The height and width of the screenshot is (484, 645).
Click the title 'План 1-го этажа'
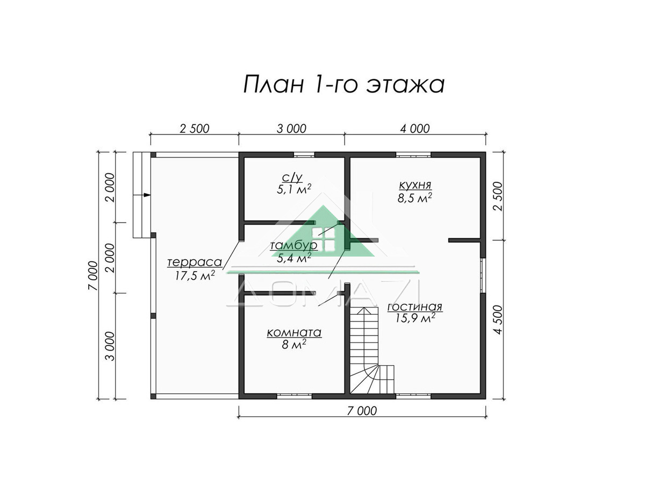coord(343,85)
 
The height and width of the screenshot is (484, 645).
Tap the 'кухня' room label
coord(415,185)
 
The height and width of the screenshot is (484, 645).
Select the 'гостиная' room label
coord(414,307)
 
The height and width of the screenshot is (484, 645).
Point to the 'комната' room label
coord(294,333)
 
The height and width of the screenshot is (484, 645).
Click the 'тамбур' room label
coord(294,246)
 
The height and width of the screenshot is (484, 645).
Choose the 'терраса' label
coord(195,262)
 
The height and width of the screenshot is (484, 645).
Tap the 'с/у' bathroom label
coord(292,177)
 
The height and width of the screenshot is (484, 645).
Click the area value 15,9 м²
coord(415,318)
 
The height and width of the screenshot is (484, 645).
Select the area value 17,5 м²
coord(195,276)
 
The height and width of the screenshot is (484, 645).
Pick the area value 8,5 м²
coord(414,198)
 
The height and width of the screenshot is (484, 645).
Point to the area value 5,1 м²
coord(294,189)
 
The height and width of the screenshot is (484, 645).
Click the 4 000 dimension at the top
coord(415,129)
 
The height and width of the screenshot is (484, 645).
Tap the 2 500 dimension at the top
coord(195,129)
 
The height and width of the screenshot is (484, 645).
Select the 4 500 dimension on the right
coord(499,320)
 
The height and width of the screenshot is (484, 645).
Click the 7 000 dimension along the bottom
coord(362,411)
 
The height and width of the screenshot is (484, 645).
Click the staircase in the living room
coord(371,350)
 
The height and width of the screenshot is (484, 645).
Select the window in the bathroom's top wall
coord(304,154)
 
